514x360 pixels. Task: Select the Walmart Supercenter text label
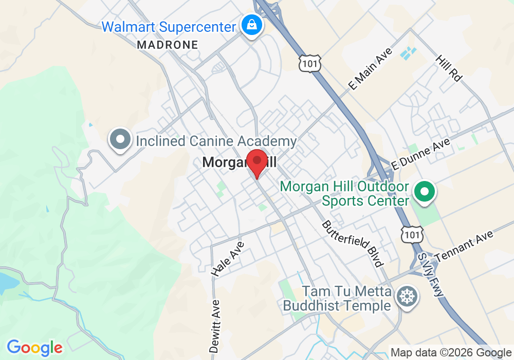(x=169, y=26)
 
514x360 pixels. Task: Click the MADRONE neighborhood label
(x=167, y=45)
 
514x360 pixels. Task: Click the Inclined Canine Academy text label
(x=216, y=141)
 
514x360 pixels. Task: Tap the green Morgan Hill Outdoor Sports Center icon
(x=425, y=193)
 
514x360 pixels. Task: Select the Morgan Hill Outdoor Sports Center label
(x=344, y=193)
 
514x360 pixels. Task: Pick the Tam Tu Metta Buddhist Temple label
(x=337, y=299)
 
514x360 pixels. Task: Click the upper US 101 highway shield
(x=310, y=63)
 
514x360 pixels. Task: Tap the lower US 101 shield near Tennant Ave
(x=413, y=234)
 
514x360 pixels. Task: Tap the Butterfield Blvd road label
(x=353, y=244)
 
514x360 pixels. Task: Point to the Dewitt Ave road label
(x=215, y=326)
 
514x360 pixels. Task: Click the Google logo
(x=34, y=348)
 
